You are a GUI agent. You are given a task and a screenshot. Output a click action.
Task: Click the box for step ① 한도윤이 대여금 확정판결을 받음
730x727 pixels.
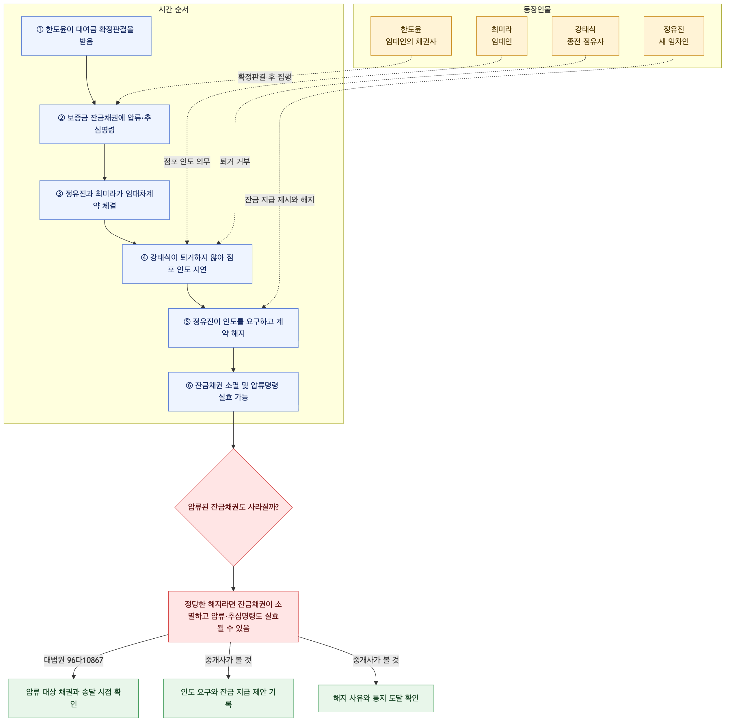87,36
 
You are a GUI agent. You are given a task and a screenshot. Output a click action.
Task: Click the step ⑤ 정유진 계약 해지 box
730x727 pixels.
234,328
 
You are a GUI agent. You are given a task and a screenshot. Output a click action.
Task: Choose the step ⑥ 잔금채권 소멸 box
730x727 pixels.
234,392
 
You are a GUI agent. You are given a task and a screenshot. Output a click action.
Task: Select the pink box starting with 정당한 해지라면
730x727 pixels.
234,617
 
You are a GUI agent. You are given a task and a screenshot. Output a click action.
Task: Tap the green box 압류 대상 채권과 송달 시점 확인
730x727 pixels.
74,699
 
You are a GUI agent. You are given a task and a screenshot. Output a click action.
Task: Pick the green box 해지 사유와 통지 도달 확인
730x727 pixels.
376,699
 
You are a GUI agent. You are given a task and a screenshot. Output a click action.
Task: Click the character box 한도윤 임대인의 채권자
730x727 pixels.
411,36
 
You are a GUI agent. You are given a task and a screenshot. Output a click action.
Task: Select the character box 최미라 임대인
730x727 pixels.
502,36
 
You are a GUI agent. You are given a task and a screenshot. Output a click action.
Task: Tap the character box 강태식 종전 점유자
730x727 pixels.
586,36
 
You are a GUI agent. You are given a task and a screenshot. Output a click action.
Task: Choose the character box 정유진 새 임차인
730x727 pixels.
674,36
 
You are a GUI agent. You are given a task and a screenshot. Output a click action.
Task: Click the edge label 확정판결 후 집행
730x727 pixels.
265,77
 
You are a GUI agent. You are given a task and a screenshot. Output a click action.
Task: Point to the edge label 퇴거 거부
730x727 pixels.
235,162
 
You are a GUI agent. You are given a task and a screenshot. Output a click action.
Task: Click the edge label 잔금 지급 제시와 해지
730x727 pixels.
280,200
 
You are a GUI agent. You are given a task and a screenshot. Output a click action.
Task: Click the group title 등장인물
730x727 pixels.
537,10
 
